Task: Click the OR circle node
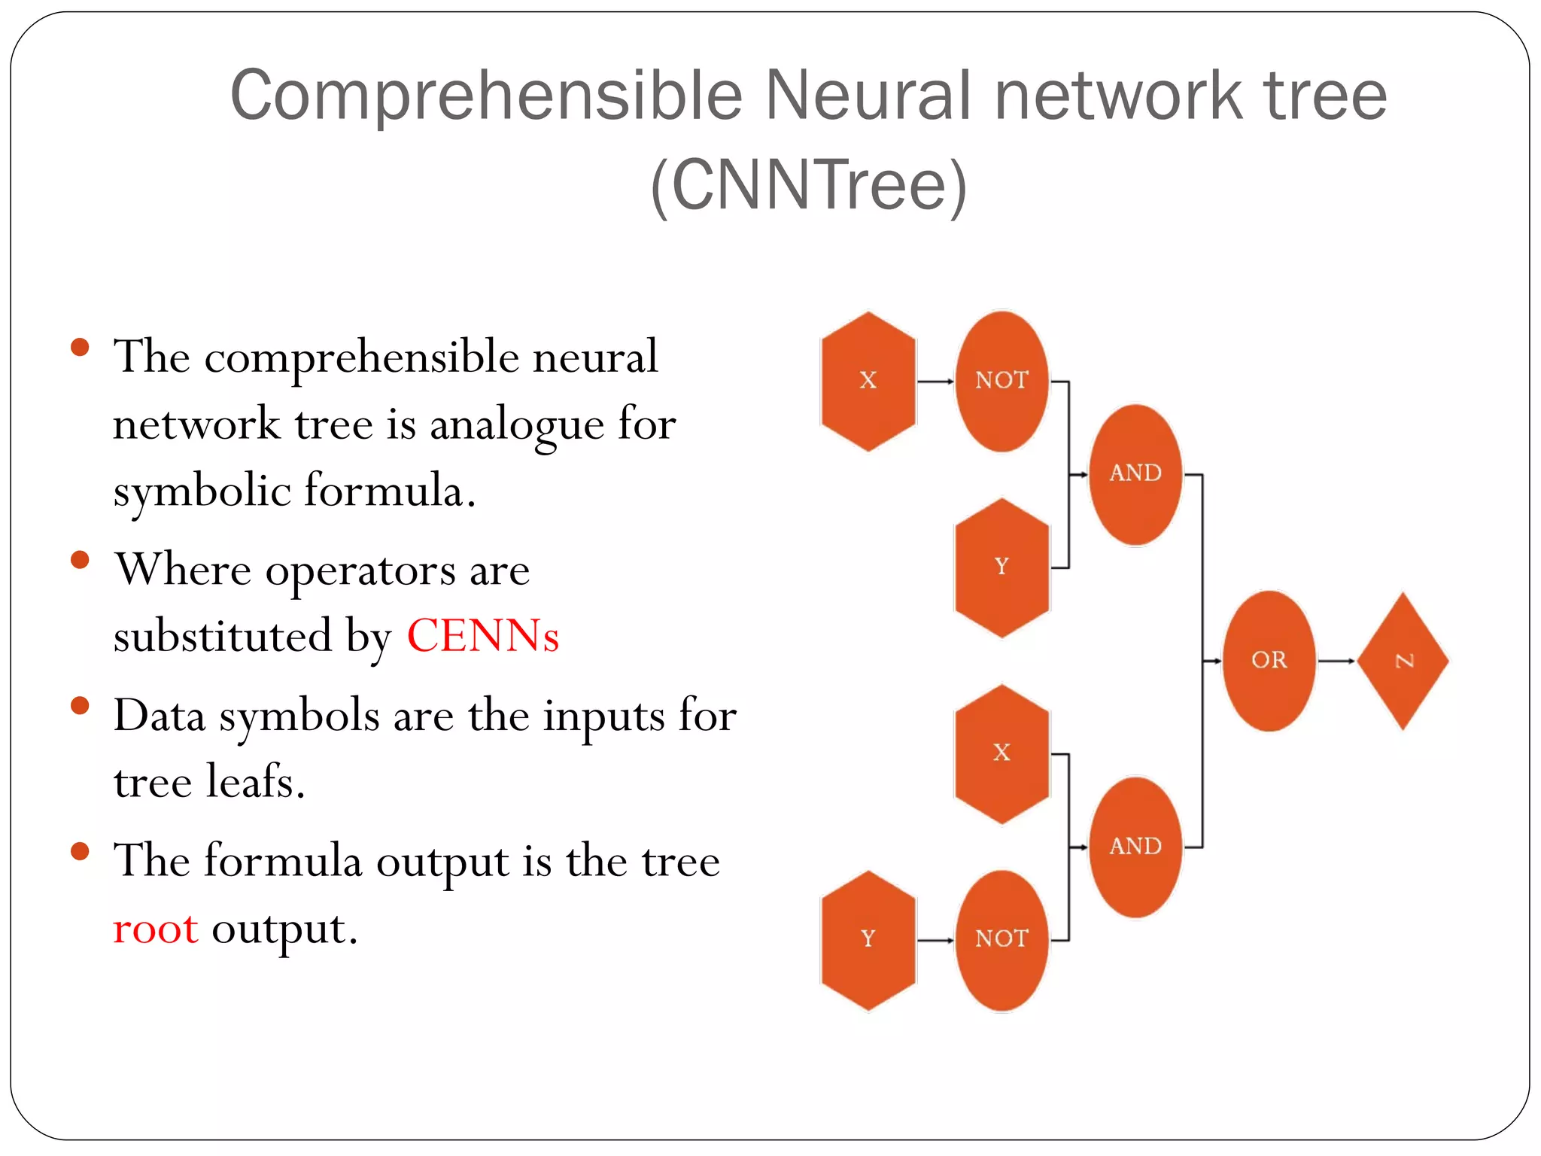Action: [1269, 661]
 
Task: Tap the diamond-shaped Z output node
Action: [1403, 661]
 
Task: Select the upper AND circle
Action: [1135, 474]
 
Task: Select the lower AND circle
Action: [1135, 847]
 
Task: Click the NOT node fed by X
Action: [1001, 381]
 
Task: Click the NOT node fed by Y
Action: [1001, 939]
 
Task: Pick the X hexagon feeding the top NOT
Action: [868, 381]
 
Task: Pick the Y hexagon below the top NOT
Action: [1001, 567]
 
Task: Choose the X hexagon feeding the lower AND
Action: [1001, 753]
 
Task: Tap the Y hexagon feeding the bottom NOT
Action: [868, 939]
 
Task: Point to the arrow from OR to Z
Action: [1336, 661]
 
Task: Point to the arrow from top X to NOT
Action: [935, 382]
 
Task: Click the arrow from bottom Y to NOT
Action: [935, 940]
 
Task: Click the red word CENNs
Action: [482, 636]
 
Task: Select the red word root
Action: [155, 929]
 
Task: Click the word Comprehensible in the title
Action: [486, 96]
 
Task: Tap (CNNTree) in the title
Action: [808, 186]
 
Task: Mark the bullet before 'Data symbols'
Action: [80, 706]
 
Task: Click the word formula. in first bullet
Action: [390, 491]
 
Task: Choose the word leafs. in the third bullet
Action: [255, 782]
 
